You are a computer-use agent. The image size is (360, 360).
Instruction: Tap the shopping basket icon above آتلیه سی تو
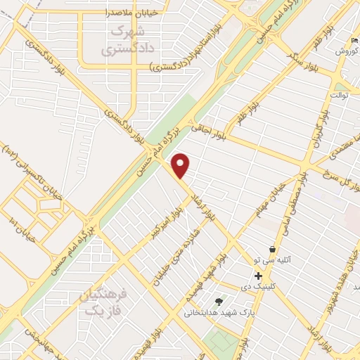(272, 249)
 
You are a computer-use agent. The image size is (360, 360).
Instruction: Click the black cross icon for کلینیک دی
(259, 276)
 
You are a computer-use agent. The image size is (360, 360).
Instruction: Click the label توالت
(337, 94)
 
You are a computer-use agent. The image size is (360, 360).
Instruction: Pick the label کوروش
(347, 52)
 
